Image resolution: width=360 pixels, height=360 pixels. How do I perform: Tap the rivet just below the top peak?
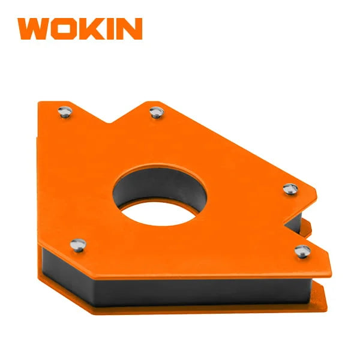(157, 112)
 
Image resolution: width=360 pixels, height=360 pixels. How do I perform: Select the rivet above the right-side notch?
(290, 189)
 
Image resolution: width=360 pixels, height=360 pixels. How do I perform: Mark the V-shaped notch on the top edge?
(110, 122)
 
